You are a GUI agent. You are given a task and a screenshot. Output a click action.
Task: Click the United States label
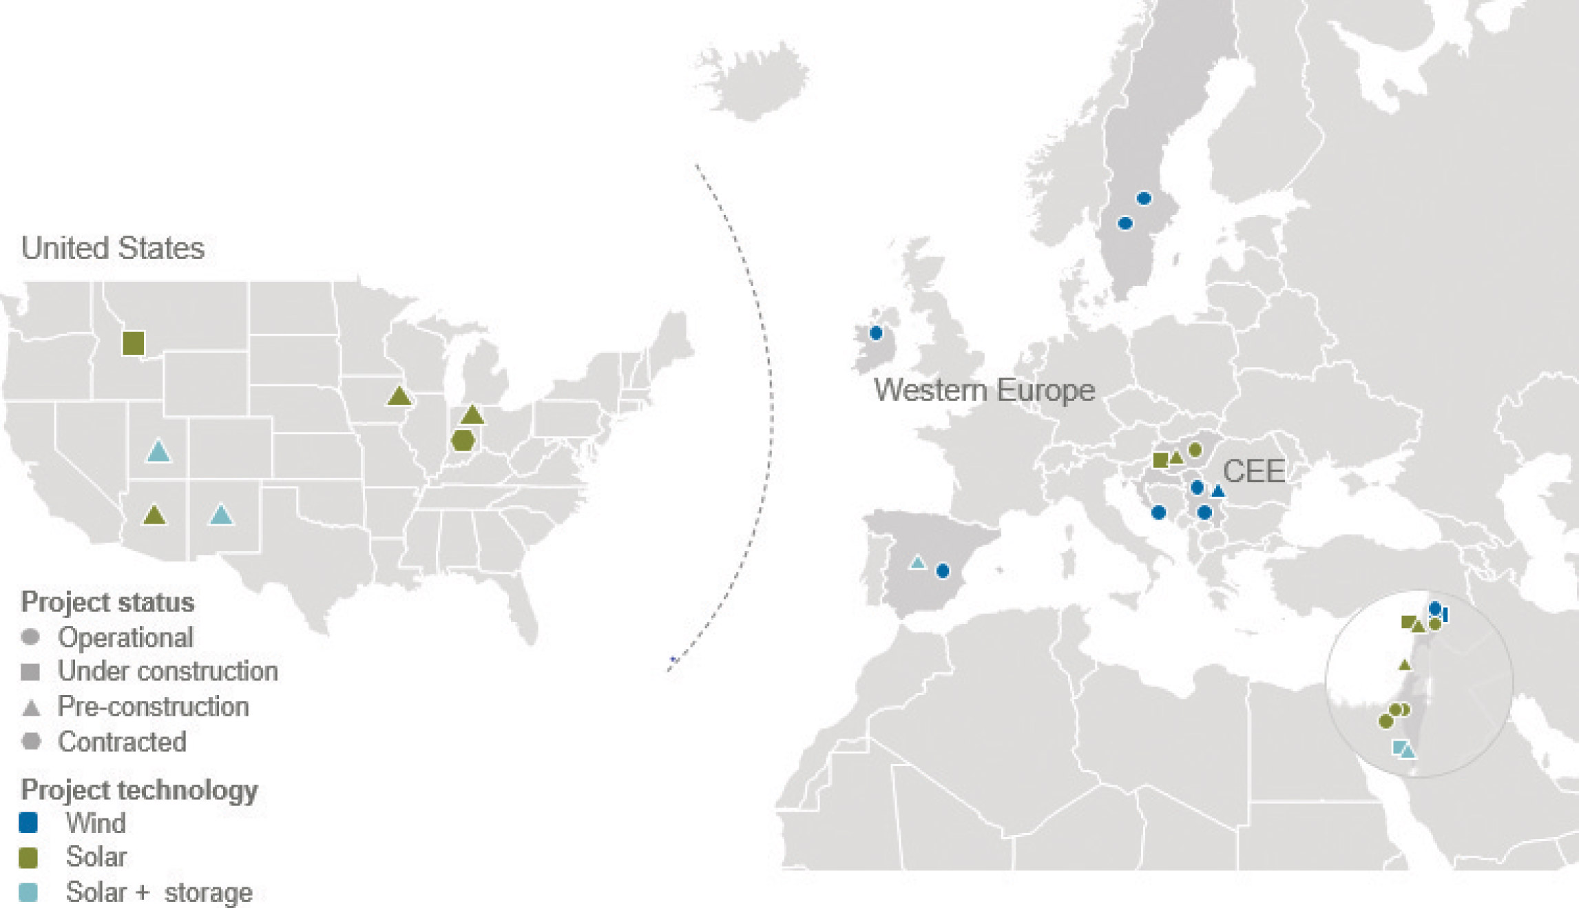click(x=112, y=248)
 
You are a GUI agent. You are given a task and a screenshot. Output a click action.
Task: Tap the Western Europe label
click(x=984, y=390)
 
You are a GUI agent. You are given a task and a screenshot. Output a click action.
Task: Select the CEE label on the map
click(x=1253, y=471)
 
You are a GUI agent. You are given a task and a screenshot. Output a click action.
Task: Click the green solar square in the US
click(x=133, y=342)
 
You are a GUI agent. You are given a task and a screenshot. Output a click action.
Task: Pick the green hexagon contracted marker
click(x=463, y=440)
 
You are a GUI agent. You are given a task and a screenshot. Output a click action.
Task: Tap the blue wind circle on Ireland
click(x=876, y=333)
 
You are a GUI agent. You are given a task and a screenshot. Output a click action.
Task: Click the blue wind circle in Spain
click(x=943, y=570)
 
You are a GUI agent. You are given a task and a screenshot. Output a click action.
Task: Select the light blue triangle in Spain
click(x=917, y=563)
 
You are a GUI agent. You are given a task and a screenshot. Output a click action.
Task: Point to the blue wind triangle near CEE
click(x=1218, y=491)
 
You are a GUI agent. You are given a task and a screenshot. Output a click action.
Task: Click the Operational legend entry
click(x=125, y=637)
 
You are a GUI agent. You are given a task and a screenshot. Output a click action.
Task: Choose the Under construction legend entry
click(x=167, y=671)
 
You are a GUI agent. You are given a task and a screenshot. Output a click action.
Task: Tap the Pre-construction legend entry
click(x=153, y=706)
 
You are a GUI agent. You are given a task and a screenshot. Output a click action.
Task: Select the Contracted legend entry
click(x=122, y=742)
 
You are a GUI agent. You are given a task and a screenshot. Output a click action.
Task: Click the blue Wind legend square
click(x=28, y=823)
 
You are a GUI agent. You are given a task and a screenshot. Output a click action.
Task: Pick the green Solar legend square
click(x=28, y=857)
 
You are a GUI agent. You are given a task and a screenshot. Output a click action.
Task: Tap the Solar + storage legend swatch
click(x=28, y=892)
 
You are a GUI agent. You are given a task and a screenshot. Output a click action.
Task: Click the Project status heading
click(x=107, y=602)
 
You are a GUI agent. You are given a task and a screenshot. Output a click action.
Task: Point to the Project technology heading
click(x=139, y=790)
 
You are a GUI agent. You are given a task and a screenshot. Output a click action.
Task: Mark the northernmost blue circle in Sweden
click(x=1144, y=198)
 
